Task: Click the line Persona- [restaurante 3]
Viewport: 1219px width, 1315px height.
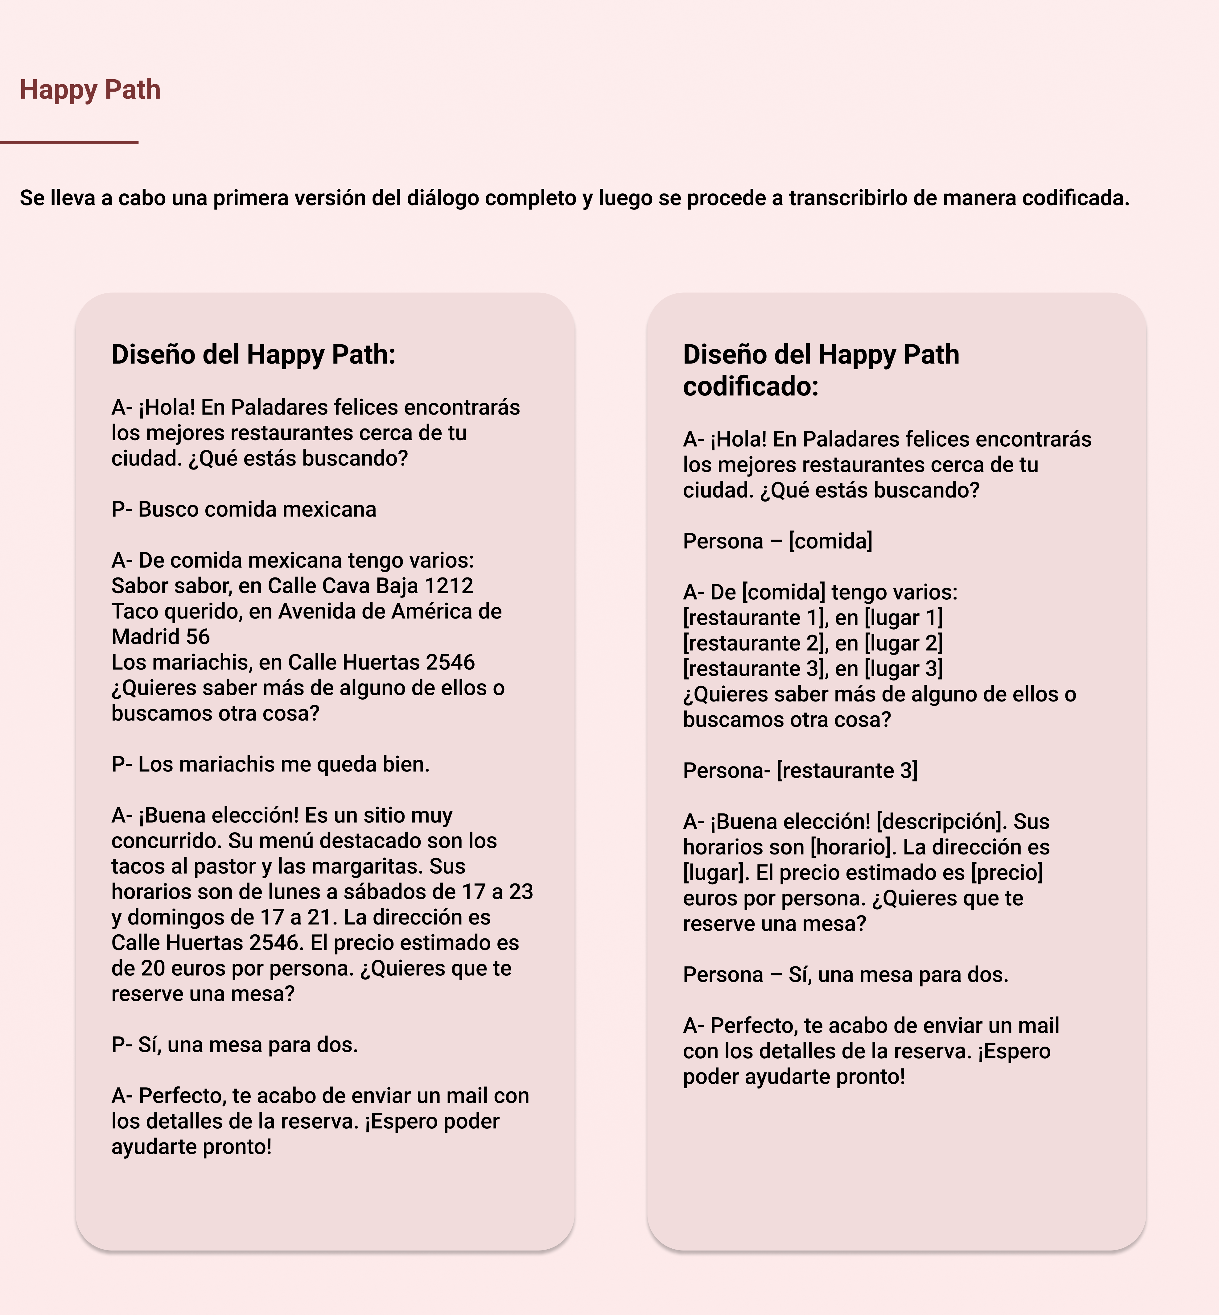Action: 800,771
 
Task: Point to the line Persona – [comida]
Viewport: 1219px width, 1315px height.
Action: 777,541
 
